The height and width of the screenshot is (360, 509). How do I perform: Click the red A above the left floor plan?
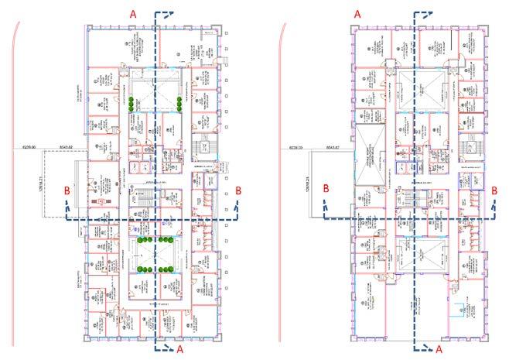(133, 14)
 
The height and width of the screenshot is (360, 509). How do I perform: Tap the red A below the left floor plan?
(180, 349)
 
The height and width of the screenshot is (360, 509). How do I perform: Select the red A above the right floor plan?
(357, 14)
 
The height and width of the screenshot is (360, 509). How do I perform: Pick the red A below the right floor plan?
(439, 349)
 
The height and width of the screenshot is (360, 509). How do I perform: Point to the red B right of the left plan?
(238, 189)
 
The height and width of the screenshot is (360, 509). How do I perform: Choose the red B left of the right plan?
(327, 188)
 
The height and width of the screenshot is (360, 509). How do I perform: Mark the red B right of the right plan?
(494, 188)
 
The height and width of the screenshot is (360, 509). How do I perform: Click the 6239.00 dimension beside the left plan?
(50, 146)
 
